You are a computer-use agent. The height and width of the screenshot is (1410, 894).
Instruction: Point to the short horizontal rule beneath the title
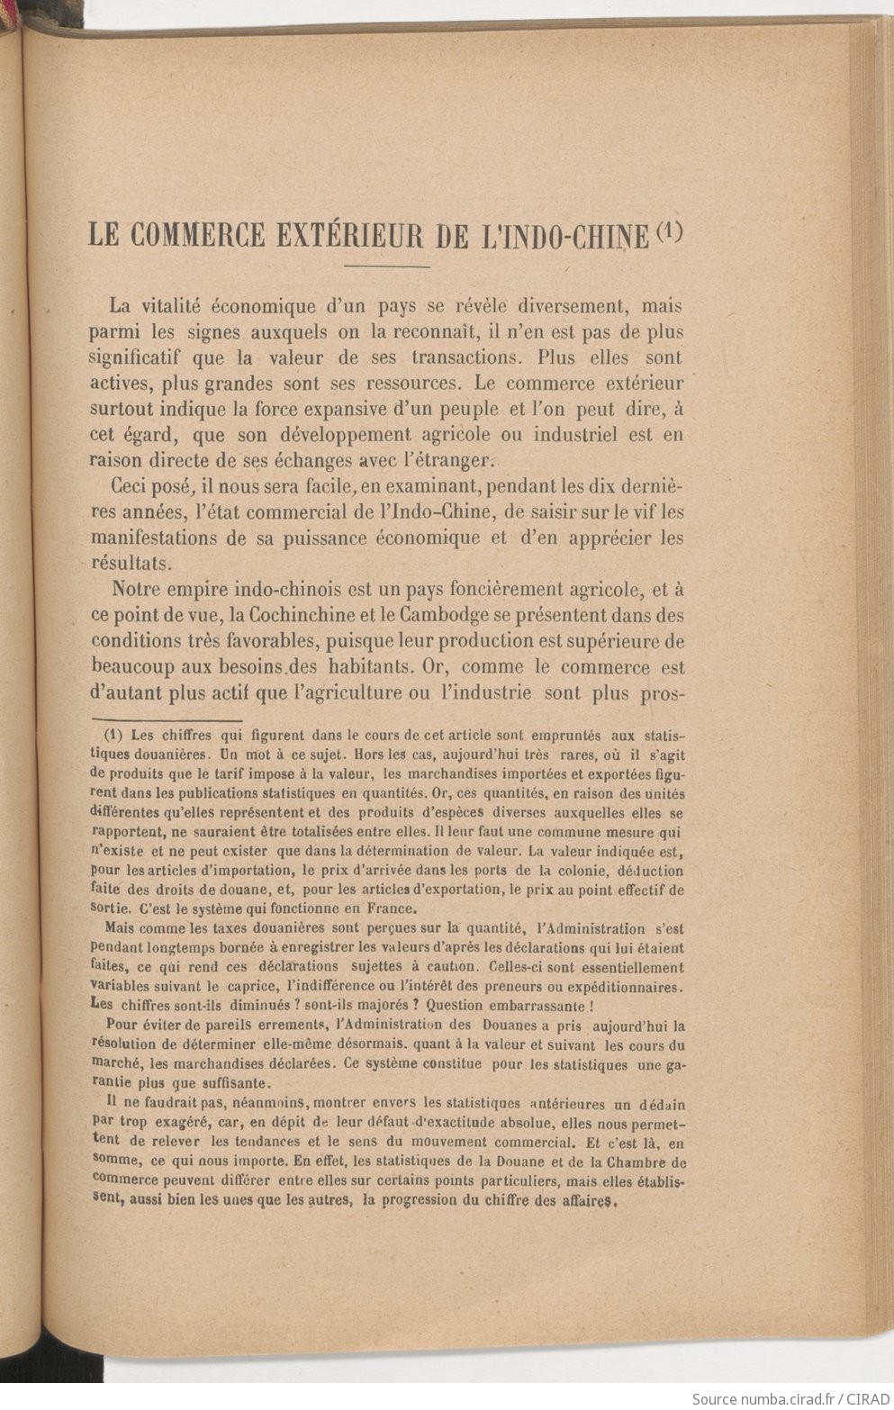tap(386, 267)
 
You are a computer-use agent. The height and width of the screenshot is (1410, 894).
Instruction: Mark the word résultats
tap(128, 564)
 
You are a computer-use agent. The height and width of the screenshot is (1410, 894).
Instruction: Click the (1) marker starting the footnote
tap(113, 733)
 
